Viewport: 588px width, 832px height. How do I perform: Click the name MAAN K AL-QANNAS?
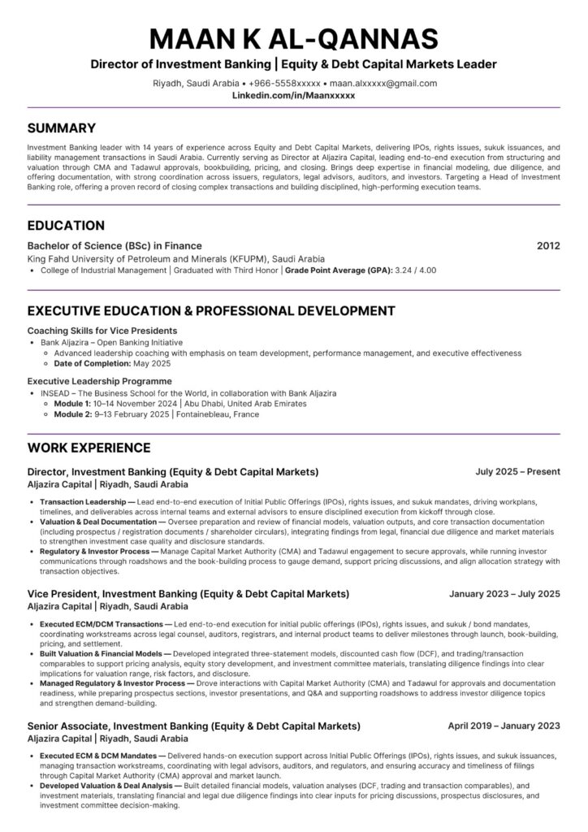293,38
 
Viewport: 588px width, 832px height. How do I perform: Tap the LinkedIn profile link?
293,95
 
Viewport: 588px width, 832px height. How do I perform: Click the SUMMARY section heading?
62,128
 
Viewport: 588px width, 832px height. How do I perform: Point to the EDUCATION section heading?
66,225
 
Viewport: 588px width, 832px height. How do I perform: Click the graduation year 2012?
548,245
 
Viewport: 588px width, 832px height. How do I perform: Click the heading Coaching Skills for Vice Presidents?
102,331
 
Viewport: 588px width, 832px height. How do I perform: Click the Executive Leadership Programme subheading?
99,380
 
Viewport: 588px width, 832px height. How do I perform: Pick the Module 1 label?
72,403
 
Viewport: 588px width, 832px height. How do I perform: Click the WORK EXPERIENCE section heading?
89,448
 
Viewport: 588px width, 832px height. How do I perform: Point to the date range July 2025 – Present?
518,471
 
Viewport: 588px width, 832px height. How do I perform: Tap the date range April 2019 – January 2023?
504,726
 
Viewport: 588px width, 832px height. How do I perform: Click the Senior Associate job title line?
194,726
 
